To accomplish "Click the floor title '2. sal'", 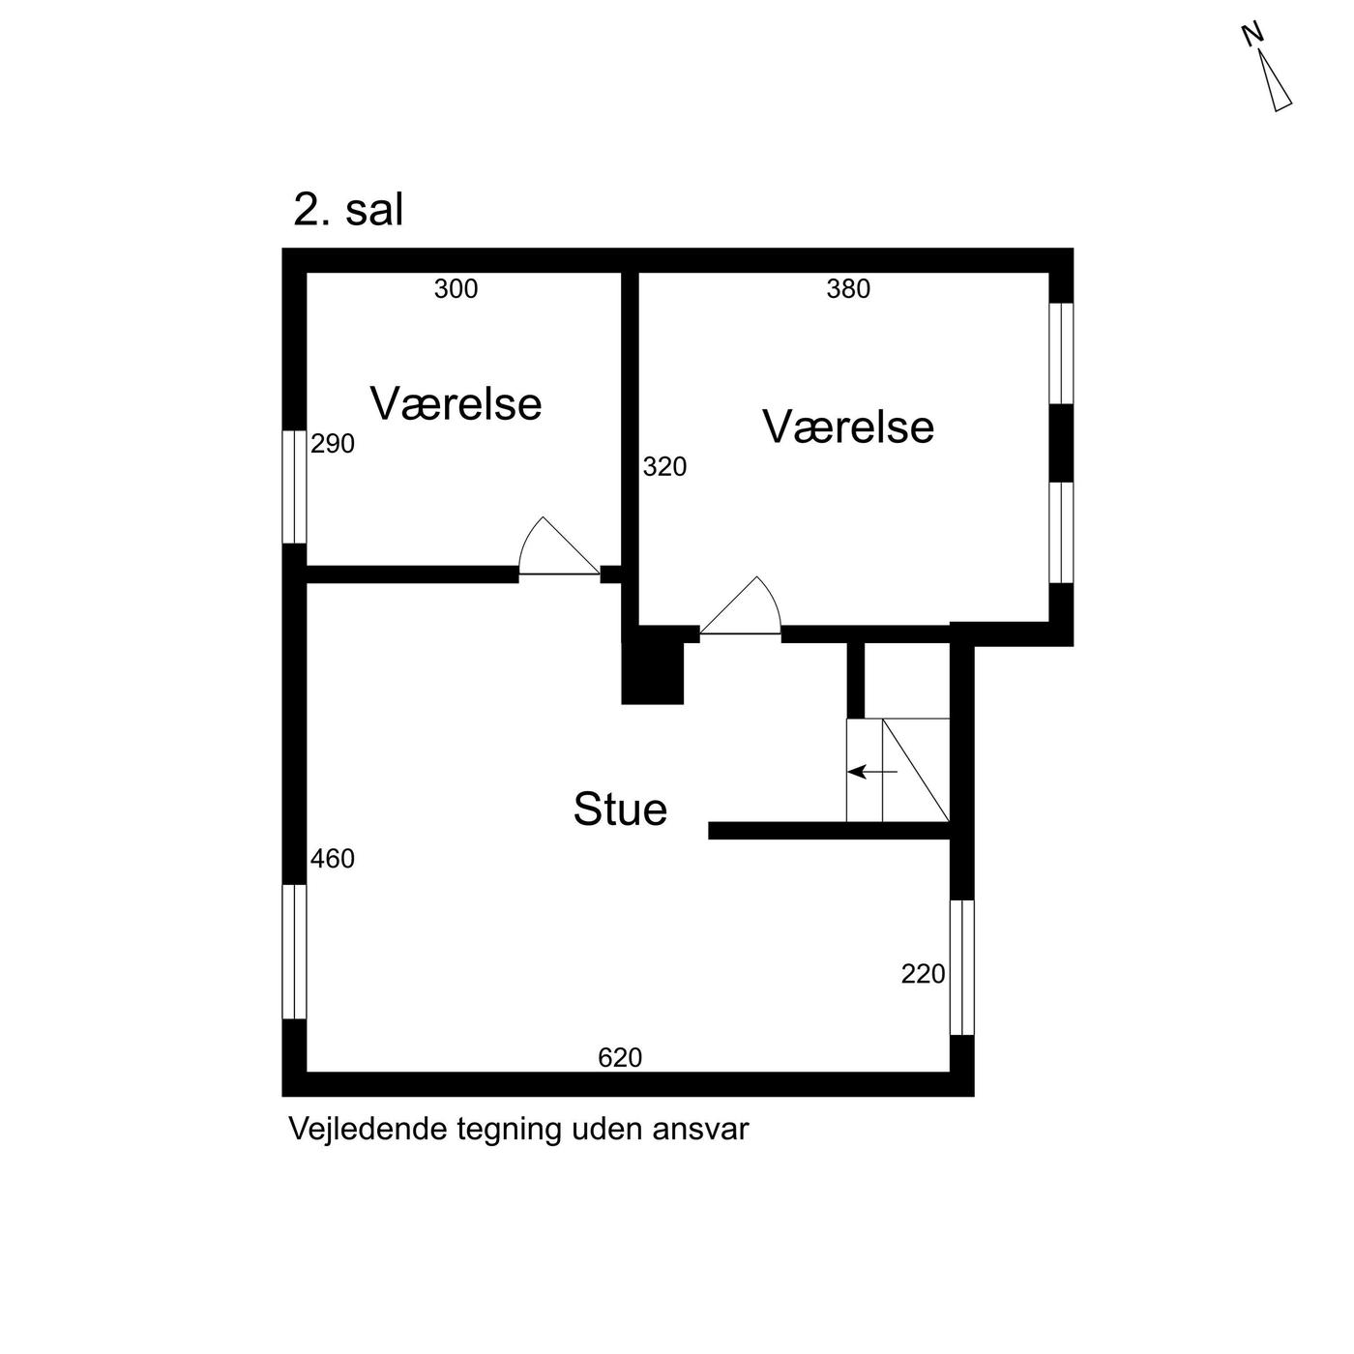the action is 348,210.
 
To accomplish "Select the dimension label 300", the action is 456,289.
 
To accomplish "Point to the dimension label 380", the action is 848,289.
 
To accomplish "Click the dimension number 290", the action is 333,444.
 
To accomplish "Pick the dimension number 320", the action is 664,466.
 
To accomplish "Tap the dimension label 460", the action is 333,859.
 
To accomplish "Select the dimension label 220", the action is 923,974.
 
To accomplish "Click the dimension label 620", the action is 620,1057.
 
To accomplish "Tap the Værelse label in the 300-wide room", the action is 456,404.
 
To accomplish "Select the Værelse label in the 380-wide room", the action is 848,427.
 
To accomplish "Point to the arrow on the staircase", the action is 872,772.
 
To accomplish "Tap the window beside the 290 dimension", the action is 294,486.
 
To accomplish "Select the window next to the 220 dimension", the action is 962,967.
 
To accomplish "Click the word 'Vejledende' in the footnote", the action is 368,1130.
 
